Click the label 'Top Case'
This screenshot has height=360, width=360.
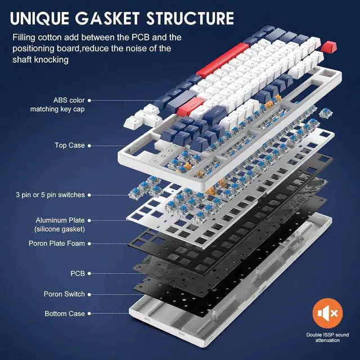(69, 145)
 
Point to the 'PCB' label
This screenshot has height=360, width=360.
(77, 273)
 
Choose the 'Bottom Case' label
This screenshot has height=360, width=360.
(65, 313)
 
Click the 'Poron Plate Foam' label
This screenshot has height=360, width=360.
(56, 244)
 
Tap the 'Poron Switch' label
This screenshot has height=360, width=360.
(64, 294)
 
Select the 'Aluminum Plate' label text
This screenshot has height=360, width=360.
(60, 220)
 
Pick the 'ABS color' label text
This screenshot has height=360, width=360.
(69, 100)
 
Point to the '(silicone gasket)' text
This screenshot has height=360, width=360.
(60, 229)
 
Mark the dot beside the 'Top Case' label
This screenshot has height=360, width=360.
(91, 145)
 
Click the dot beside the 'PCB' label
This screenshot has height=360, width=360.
(91, 273)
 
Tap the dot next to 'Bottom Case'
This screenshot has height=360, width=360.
(91, 313)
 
